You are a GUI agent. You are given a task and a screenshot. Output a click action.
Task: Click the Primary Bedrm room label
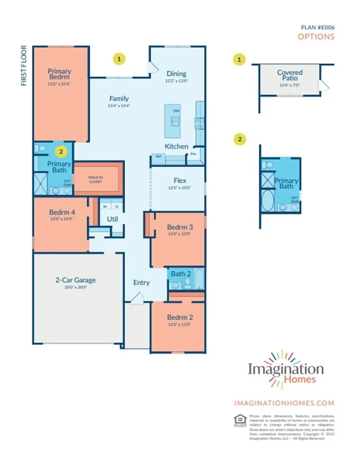(59, 74)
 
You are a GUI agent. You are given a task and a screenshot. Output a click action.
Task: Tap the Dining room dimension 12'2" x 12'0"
(176, 81)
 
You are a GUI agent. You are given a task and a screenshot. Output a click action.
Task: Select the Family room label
(119, 98)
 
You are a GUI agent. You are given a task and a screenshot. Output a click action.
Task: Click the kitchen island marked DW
(176, 120)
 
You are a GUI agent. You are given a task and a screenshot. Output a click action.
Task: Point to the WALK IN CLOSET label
(95, 179)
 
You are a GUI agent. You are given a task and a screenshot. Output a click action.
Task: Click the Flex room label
(179, 181)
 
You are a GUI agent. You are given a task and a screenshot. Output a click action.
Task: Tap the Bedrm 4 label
(62, 212)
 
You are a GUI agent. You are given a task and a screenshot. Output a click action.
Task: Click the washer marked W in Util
(105, 207)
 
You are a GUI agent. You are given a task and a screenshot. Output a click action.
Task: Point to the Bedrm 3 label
(179, 227)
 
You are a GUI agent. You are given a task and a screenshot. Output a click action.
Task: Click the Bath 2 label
(181, 274)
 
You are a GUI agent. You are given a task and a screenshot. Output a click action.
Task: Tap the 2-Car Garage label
(75, 280)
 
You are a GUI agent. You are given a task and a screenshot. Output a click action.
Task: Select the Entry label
(141, 283)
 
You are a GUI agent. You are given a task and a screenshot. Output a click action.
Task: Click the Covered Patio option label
(290, 75)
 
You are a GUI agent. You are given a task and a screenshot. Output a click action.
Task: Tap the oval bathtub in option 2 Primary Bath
(268, 201)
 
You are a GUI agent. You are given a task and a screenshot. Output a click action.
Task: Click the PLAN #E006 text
(317, 27)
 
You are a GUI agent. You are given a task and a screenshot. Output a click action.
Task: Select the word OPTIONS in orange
(316, 37)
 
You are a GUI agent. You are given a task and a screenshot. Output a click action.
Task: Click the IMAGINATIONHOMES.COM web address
(284, 403)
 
